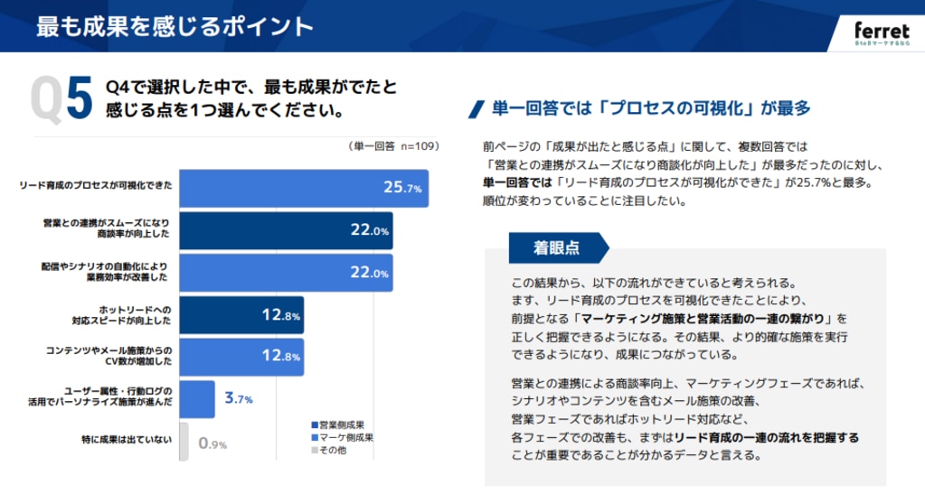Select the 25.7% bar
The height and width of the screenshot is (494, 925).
tap(303, 188)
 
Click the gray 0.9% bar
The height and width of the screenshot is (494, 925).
tap(184, 442)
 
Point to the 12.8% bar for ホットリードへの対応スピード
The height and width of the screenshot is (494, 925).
tap(241, 315)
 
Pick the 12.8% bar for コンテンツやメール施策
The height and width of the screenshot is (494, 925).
tap(241, 357)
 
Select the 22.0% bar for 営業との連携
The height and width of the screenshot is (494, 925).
tap(286, 230)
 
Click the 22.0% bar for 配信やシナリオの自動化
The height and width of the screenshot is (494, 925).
tap(286, 273)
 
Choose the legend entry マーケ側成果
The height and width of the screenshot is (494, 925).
tap(342, 437)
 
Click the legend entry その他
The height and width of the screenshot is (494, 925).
tap(330, 450)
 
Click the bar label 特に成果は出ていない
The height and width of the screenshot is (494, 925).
tap(127, 441)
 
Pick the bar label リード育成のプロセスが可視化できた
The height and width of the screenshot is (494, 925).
tap(96, 187)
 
